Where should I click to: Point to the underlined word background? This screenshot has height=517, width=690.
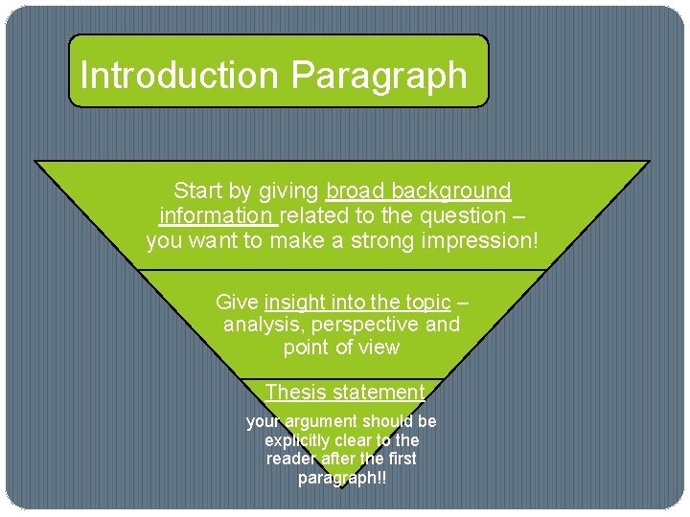click(456, 191)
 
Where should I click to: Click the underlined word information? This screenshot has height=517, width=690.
click(217, 215)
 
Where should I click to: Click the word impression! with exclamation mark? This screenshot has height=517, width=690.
click(479, 240)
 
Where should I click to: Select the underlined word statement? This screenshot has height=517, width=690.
click(379, 392)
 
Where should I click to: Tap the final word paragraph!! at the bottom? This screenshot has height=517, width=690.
click(342, 478)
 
